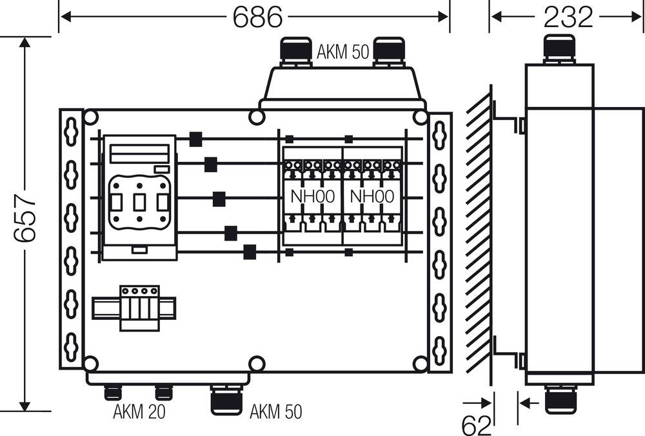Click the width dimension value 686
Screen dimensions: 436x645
257,17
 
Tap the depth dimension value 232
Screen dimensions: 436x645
568,17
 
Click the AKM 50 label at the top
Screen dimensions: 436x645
342,52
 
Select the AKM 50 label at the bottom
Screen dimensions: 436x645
275,411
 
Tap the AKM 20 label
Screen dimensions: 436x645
139,411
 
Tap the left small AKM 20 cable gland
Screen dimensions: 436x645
113,392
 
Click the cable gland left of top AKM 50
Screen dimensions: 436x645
294,52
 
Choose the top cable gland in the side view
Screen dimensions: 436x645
559,49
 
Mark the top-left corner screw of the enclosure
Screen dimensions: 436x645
91,117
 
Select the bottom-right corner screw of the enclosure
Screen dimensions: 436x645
420,364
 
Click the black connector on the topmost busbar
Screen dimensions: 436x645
196,139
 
